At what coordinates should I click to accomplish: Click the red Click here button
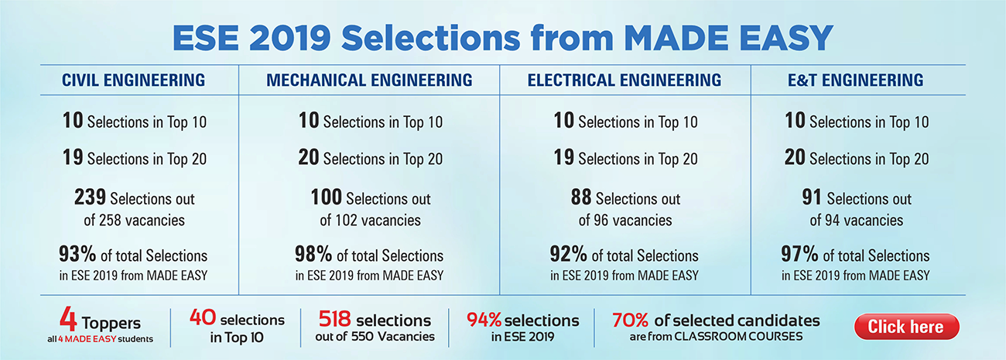click(x=906, y=326)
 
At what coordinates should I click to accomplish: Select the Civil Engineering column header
click(x=133, y=80)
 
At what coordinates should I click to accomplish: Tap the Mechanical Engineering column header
click(x=369, y=80)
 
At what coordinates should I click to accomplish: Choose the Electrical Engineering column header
click(x=624, y=80)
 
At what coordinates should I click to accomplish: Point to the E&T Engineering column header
click(x=857, y=80)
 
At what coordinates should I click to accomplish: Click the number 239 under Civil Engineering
click(x=90, y=197)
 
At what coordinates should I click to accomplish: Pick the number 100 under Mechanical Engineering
click(x=326, y=197)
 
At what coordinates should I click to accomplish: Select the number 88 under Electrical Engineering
click(x=580, y=197)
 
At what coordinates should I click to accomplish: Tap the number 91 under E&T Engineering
click(x=811, y=197)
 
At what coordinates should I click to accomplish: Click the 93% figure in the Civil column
click(x=77, y=254)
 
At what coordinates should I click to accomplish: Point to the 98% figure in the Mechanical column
click(x=313, y=254)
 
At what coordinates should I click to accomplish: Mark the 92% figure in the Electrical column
click(x=569, y=254)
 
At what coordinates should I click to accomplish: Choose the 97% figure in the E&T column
click(x=800, y=254)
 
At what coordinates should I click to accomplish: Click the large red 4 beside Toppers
click(x=68, y=320)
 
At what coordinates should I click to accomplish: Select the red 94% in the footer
click(x=484, y=319)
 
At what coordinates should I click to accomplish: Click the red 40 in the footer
click(x=204, y=319)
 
